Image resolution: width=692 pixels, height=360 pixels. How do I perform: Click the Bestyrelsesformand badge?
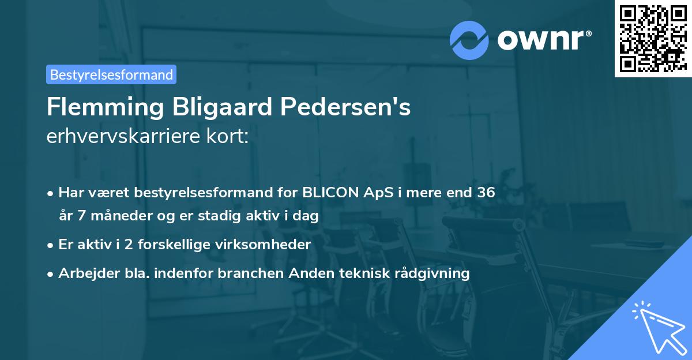[111, 74]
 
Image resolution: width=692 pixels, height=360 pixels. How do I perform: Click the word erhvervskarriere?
[115, 137]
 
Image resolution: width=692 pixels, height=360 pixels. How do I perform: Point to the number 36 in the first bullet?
[486, 193]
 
